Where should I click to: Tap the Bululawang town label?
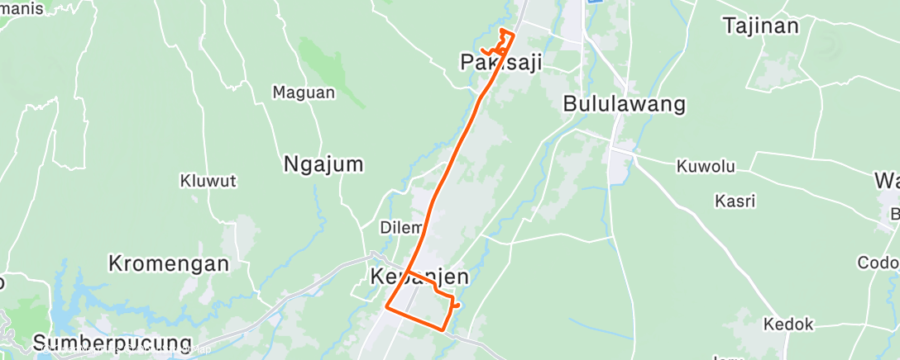click(x=624, y=104)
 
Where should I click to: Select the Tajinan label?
click(x=761, y=26)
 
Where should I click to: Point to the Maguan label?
click(x=304, y=92)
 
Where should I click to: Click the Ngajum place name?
click(x=323, y=164)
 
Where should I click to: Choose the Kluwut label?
click(x=208, y=180)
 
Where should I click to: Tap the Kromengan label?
click(x=168, y=264)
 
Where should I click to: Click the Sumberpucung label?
click(x=112, y=343)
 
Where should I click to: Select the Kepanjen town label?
click(x=419, y=277)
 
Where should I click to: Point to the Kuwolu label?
click(x=706, y=167)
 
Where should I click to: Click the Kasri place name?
click(x=735, y=201)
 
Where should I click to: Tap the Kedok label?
click(x=788, y=324)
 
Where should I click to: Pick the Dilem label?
click(x=401, y=227)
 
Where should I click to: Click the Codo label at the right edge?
click(x=879, y=263)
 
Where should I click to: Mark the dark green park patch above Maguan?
click(x=331, y=66)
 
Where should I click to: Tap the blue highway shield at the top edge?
click(x=592, y=2)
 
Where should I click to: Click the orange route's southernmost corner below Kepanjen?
click(x=444, y=329)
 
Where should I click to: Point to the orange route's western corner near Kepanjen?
click(x=386, y=308)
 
